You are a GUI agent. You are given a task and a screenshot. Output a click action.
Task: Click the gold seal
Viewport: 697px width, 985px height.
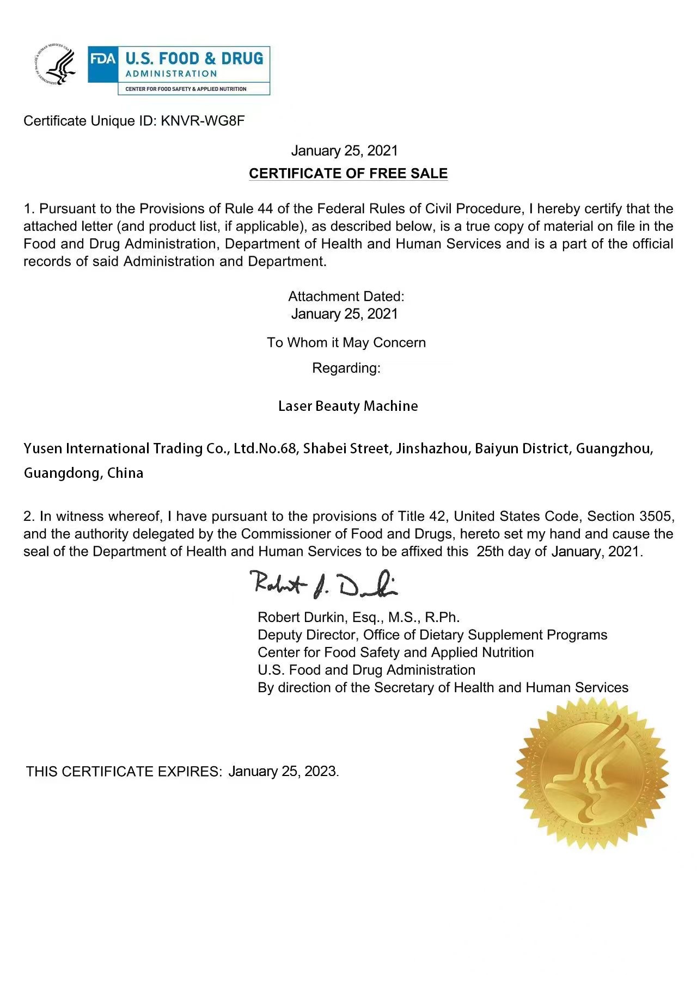click(592, 773)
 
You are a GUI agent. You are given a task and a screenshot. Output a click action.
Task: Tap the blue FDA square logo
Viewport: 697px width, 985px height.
click(103, 59)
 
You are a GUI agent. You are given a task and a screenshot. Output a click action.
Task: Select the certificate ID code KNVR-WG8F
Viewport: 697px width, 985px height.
click(203, 121)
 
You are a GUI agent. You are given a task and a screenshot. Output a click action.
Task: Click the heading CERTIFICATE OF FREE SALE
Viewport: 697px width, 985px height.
click(348, 174)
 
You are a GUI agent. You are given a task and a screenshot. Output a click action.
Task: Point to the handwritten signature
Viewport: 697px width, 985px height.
click(325, 583)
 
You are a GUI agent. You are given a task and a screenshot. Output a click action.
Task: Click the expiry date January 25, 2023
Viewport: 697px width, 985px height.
click(283, 771)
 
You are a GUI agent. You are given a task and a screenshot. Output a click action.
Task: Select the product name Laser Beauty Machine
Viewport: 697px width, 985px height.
click(348, 406)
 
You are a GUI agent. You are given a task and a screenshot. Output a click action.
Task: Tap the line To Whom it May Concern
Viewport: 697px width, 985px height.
click(346, 342)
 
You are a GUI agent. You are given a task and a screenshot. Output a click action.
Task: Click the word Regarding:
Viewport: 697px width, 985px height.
click(346, 368)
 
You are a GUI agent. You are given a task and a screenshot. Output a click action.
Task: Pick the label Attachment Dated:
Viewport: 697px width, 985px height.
click(346, 296)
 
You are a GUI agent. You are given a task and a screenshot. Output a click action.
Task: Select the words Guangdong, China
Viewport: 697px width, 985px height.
click(83, 473)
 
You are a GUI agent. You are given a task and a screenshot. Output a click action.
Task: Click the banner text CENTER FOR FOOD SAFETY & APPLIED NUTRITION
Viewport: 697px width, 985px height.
click(186, 89)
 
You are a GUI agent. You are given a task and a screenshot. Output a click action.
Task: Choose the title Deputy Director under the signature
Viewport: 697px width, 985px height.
click(307, 635)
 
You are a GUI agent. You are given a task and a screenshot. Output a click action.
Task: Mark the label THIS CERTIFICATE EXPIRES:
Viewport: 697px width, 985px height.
click(124, 771)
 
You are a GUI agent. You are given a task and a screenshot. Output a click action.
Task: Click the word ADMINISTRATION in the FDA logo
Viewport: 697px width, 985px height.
click(171, 74)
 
